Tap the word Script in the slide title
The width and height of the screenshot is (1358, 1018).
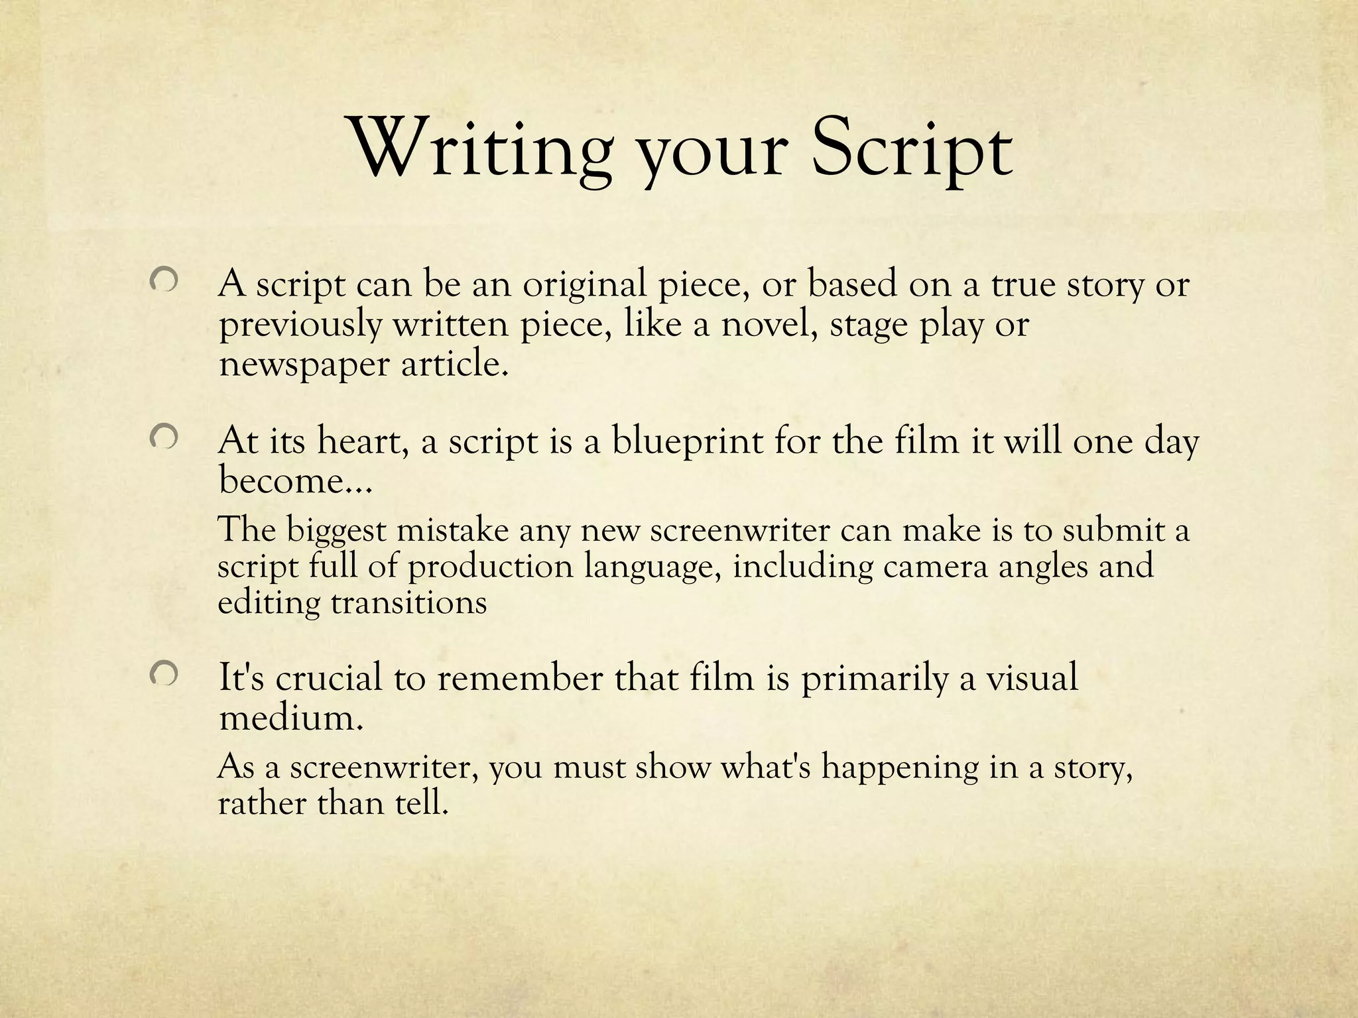pos(912,150)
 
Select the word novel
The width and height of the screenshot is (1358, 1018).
pos(769,325)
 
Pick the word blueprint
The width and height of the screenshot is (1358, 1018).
pos(687,441)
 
